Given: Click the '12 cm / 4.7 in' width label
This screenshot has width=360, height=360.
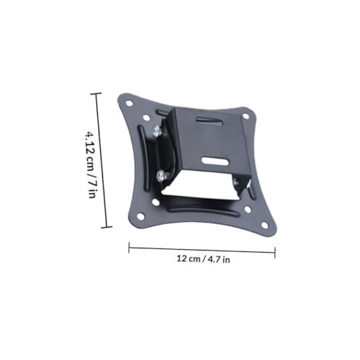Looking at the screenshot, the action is [x=203, y=259].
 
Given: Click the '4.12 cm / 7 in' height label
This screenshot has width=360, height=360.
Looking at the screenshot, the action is [x=91, y=164].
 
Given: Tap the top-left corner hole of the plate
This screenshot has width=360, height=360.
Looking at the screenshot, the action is [x=129, y=104].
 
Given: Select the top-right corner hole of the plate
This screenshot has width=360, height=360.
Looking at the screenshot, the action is [x=246, y=116].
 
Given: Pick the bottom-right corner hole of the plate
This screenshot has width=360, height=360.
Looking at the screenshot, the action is [x=264, y=225].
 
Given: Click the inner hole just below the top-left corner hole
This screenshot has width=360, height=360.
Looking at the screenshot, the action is [x=145, y=117].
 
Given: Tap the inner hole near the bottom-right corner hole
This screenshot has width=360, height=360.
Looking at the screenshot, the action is [x=248, y=210].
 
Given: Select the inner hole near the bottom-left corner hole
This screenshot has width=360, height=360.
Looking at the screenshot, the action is [x=156, y=202].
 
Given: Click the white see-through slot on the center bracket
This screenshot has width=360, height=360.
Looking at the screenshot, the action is [x=215, y=161].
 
